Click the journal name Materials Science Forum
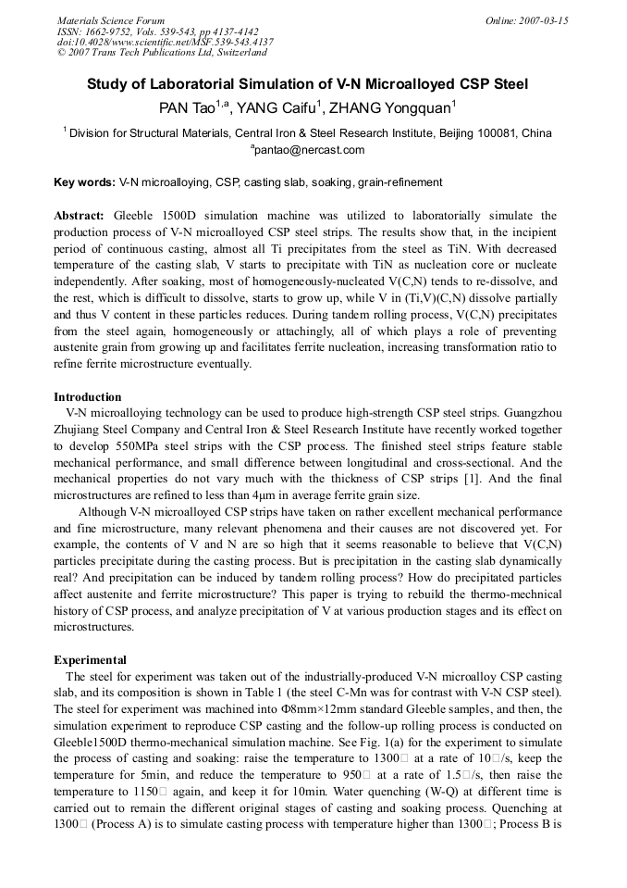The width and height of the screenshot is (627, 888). coord(111,20)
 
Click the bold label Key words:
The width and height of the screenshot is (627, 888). coord(85,182)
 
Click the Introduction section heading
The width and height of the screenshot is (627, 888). coord(87,397)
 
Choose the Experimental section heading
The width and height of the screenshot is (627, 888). coord(90,660)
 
